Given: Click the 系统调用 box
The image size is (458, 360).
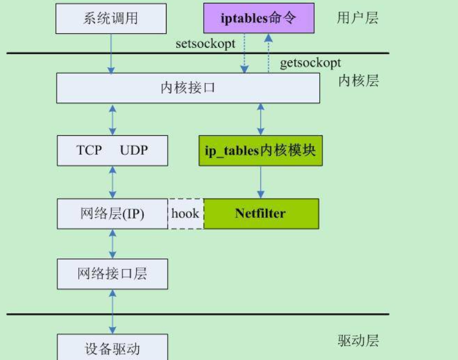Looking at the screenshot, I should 110,18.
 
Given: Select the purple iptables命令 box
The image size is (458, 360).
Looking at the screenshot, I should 259,18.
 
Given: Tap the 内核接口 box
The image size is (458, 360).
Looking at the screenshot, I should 188,88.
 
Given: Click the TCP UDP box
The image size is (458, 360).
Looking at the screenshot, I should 112,150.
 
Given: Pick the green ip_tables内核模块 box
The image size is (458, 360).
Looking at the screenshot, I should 260,151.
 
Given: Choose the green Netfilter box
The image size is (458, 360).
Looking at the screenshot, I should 260,214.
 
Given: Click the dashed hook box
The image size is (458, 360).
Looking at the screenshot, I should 185,214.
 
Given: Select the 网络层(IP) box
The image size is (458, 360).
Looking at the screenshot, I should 112,214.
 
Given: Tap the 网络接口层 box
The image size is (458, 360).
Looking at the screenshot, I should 112,273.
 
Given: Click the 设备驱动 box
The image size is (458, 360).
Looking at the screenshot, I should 112,348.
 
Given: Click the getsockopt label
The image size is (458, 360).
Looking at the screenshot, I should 310,63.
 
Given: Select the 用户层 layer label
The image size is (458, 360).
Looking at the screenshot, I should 358,18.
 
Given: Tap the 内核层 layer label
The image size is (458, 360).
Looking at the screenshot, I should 358,81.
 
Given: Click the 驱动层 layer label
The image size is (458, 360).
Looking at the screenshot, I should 358,340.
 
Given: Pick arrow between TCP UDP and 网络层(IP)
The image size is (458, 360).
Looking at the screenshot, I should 113,182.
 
